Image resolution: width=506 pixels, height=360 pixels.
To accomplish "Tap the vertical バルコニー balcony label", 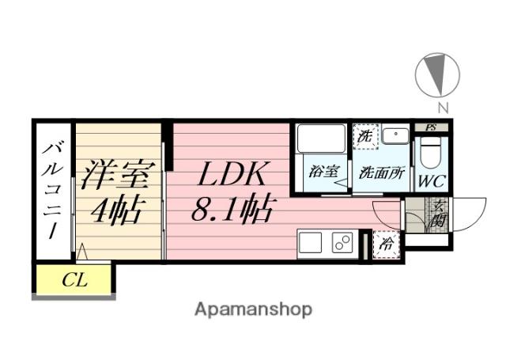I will [x=53, y=191].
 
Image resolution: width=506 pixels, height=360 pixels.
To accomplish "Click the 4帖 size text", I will [x=116, y=211].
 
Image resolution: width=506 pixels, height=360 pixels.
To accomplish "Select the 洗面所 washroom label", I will [x=381, y=172].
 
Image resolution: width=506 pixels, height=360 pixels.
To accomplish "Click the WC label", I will [x=432, y=180].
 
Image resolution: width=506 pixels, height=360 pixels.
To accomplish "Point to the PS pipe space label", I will [x=431, y=127].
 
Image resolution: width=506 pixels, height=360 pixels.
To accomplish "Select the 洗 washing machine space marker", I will [x=364, y=136].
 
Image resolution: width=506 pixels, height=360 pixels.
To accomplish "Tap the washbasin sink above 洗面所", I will [x=393, y=136].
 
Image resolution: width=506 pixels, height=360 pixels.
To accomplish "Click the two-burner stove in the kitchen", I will [x=342, y=243].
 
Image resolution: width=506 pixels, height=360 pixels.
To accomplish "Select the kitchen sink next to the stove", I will [x=311, y=243].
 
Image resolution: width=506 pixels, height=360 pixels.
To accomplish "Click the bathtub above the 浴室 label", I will [x=319, y=140].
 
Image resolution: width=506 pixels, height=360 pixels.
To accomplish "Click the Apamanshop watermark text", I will [x=253, y=309].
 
